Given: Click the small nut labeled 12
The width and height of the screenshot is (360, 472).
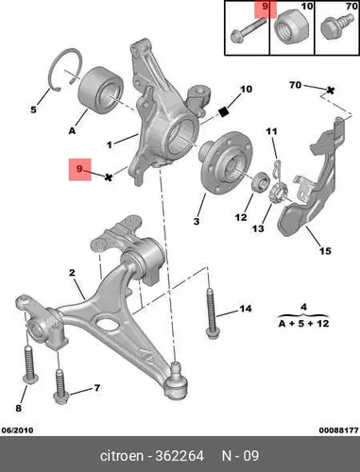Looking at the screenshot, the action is (261, 182).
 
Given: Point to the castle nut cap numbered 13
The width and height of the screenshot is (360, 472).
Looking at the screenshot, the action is (277, 194).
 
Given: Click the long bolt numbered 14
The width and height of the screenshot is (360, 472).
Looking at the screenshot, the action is (212, 313).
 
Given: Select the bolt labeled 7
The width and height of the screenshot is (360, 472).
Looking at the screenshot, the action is (62, 386).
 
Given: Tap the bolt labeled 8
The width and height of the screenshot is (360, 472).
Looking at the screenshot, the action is (30, 365).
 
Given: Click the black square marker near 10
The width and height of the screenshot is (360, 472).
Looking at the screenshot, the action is (223, 111).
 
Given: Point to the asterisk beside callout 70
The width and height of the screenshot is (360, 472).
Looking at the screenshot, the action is (330, 91).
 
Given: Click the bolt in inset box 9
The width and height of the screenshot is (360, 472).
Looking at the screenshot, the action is (248, 30).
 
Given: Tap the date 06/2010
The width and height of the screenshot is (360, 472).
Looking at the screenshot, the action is (17, 430).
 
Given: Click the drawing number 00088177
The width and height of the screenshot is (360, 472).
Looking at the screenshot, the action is (338, 430).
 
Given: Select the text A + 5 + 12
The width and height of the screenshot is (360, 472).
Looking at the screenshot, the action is (304, 323).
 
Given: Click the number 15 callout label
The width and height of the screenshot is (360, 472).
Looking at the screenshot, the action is (325, 251).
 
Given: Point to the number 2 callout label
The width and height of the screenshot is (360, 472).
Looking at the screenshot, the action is (72, 273).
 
